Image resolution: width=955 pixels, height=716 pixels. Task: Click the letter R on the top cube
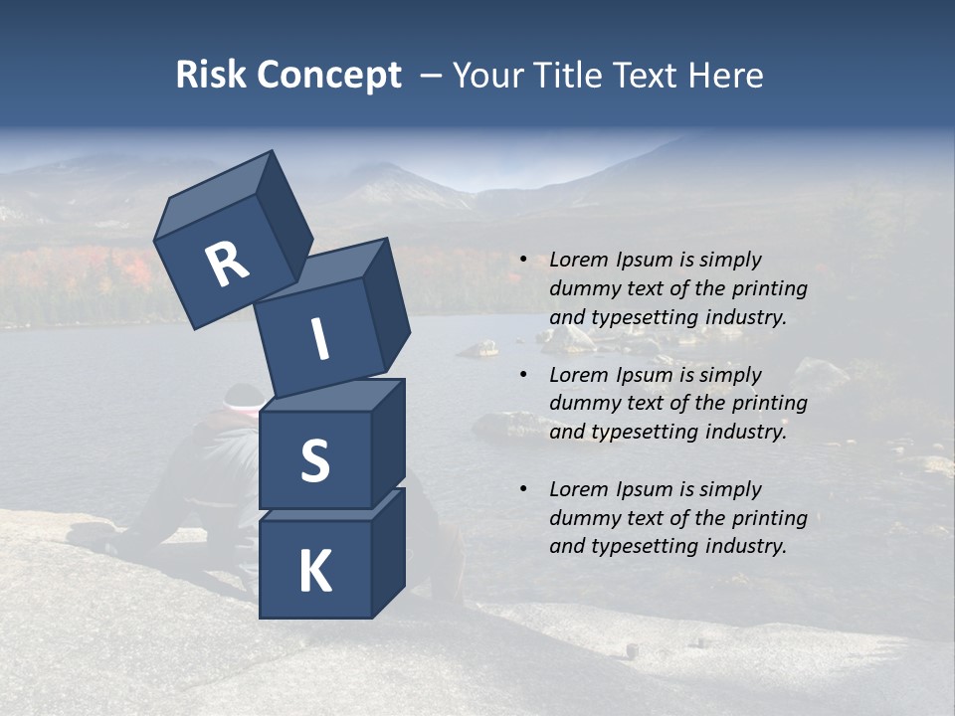[227, 264]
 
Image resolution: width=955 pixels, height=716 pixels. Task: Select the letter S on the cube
[314, 460]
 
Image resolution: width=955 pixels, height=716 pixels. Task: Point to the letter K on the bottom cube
[314, 572]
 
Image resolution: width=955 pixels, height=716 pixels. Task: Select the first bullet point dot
[523, 261]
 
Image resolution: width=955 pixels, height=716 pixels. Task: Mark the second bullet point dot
[523, 376]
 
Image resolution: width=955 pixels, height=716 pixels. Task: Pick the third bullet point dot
[523, 490]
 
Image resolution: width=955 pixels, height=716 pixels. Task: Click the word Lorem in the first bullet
[577, 260]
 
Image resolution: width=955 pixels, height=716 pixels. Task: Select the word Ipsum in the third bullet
[643, 489]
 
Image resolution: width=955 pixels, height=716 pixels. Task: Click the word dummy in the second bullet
[583, 403]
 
